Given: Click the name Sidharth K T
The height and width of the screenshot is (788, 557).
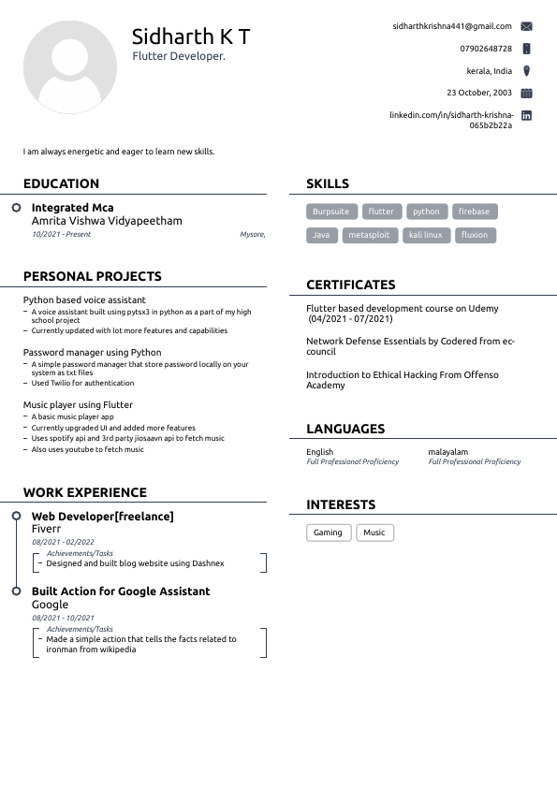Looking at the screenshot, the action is [191, 37].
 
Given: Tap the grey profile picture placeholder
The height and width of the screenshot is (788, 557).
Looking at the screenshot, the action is [70, 66].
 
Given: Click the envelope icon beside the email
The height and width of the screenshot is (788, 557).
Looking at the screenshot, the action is [526, 26].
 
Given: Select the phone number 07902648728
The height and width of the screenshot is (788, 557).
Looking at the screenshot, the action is [486, 49].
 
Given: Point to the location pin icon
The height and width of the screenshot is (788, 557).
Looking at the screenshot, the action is [526, 71].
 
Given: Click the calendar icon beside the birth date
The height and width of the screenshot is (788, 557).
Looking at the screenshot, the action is [526, 93].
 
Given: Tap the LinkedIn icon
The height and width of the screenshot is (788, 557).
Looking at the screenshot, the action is [526, 115].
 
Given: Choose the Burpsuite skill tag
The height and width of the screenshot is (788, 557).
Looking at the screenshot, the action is [330, 212].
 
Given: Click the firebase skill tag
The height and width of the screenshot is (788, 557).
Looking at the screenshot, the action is [474, 212].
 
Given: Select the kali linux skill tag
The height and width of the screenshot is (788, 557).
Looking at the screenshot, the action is [425, 235].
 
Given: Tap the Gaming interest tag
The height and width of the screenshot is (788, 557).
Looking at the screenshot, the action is [328, 533].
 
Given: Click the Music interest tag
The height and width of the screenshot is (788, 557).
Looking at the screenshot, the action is [374, 533].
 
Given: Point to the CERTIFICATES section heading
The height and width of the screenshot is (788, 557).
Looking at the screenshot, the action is [351, 285].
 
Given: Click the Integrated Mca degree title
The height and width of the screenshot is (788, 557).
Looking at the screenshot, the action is [72, 208].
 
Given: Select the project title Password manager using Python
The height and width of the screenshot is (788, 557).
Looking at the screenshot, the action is [92, 353].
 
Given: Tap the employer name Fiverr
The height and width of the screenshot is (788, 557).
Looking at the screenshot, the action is [47, 529].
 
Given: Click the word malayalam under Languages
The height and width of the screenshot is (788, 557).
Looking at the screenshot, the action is [448, 452].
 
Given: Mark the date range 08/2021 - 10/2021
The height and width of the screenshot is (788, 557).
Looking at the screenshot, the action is [63, 618].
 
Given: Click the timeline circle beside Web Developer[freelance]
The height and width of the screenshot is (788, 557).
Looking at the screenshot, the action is [17, 516].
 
